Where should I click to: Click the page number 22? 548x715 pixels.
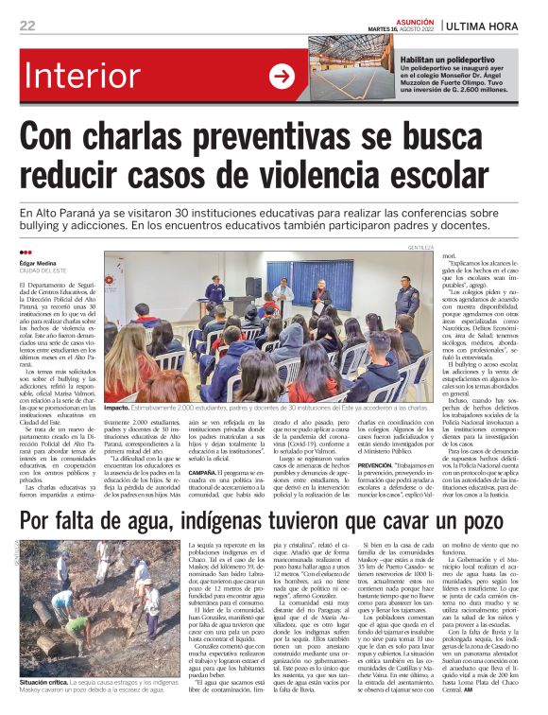(x=27, y=26)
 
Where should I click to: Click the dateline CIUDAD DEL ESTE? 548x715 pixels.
(x=45, y=271)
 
